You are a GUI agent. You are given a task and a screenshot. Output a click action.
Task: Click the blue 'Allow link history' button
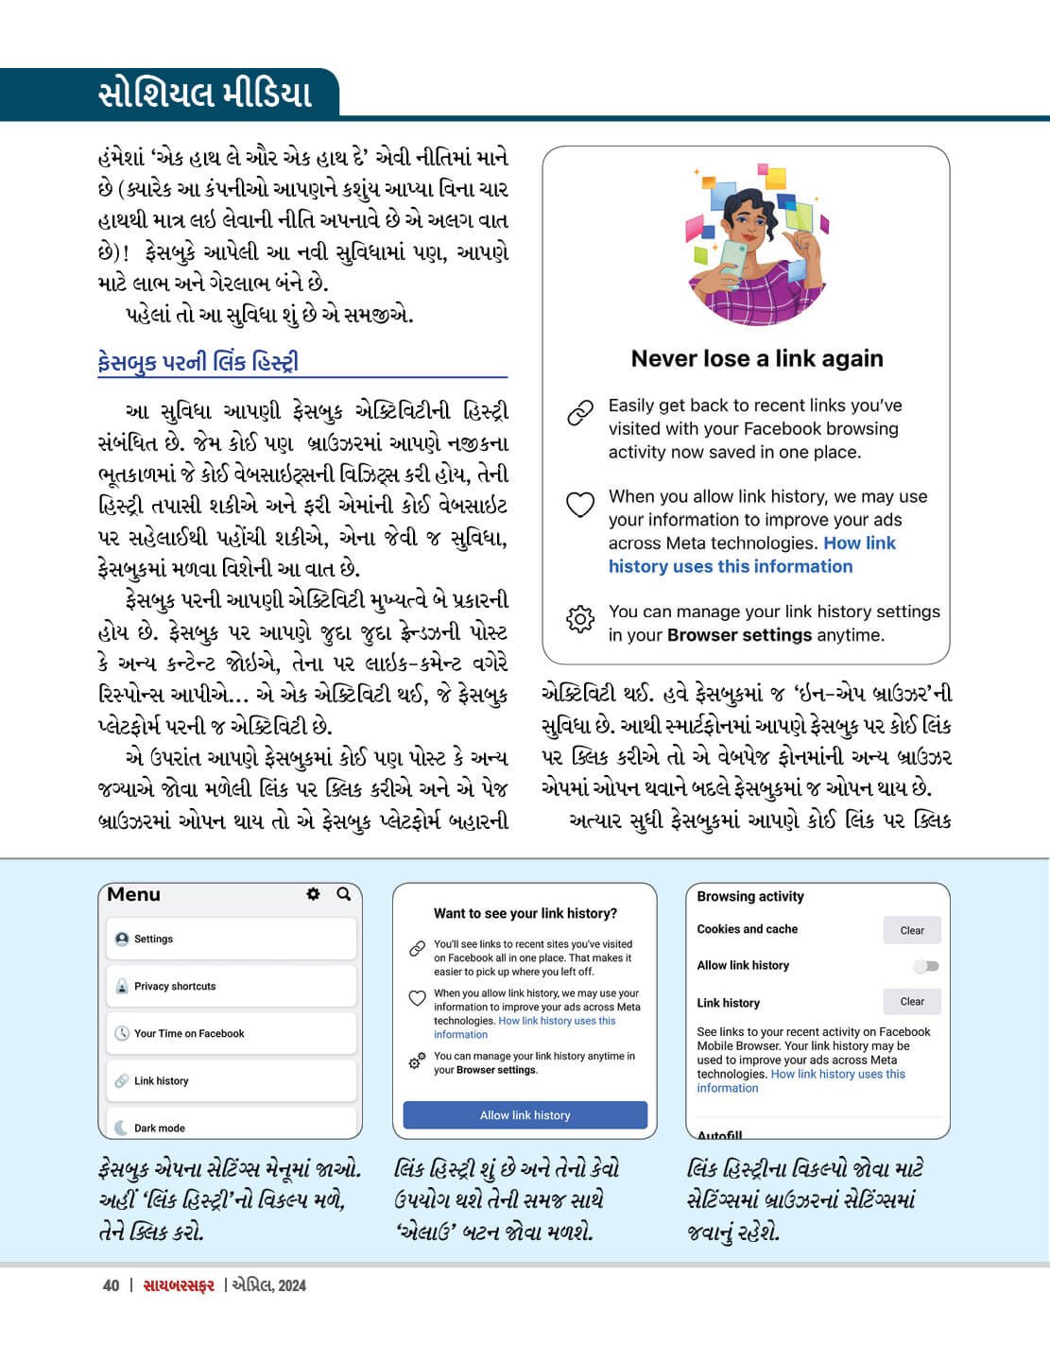coord(525,1115)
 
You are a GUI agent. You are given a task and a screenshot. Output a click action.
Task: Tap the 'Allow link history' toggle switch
coord(926,966)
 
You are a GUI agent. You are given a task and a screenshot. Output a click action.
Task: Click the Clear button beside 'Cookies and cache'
coord(911,930)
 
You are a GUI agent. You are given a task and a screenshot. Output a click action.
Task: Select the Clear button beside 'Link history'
coord(911,1002)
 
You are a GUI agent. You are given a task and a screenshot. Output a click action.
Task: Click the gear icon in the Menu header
coord(313,894)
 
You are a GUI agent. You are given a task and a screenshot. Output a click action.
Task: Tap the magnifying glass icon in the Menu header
coord(344,894)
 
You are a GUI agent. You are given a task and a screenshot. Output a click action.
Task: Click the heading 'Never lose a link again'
coord(757,359)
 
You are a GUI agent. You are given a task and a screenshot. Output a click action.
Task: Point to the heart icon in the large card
coord(579,505)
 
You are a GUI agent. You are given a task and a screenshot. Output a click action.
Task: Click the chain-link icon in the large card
coord(579,413)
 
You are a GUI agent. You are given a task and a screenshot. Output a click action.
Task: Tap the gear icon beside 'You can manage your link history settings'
coord(579,619)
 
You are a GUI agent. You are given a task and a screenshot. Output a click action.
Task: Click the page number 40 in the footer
coord(112,1285)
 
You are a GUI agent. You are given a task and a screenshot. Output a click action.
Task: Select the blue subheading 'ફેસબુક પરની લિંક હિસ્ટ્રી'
coord(198,362)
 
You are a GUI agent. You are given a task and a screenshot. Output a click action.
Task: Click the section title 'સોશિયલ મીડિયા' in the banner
coord(204,95)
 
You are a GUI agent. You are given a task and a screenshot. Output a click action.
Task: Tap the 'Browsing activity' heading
coord(750,896)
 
